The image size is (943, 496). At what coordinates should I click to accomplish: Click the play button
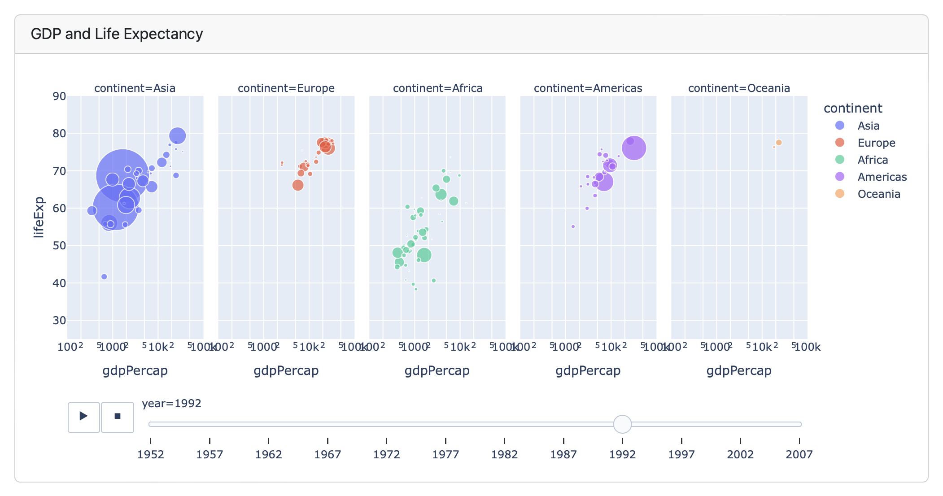[83, 417]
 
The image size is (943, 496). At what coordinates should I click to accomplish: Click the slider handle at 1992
[622, 424]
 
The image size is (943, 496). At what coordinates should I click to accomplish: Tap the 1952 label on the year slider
[151, 454]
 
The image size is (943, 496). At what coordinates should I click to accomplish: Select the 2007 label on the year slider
[799, 454]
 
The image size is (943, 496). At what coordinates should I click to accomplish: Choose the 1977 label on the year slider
[445, 454]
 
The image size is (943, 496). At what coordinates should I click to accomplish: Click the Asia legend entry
[868, 126]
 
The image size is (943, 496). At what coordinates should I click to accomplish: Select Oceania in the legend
[878, 194]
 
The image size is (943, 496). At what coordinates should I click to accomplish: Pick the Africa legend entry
[873, 160]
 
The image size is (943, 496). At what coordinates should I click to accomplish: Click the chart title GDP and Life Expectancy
[117, 34]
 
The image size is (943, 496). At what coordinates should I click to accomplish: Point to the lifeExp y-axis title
[39, 217]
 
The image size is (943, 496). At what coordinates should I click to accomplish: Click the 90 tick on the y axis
[59, 96]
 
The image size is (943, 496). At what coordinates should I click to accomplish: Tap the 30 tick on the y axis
[59, 320]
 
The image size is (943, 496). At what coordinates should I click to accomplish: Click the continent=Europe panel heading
[286, 88]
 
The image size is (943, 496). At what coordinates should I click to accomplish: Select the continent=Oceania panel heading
[739, 88]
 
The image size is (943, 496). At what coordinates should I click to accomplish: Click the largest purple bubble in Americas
[634, 148]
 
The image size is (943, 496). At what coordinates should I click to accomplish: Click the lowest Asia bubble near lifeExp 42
[104, 277]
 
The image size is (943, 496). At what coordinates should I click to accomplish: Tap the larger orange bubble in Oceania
[779, 143]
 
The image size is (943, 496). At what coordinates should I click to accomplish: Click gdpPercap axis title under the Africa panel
[437, 370]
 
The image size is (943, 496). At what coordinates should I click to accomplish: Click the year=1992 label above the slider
[171, 403]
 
